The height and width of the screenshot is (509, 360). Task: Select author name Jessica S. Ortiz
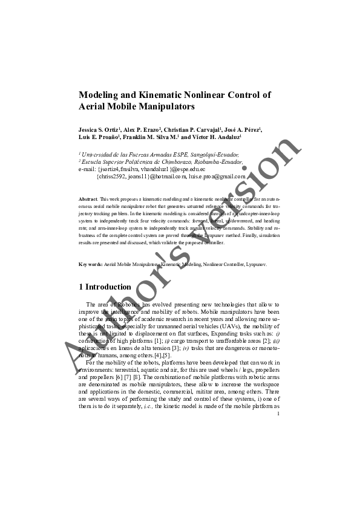click(x=100, y=130)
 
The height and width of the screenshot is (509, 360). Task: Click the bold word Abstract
click(x=89, y=199)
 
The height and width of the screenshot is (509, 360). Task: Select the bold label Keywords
click(x=91, y=265)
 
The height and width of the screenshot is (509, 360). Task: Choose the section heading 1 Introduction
click(x=105, y=287)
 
